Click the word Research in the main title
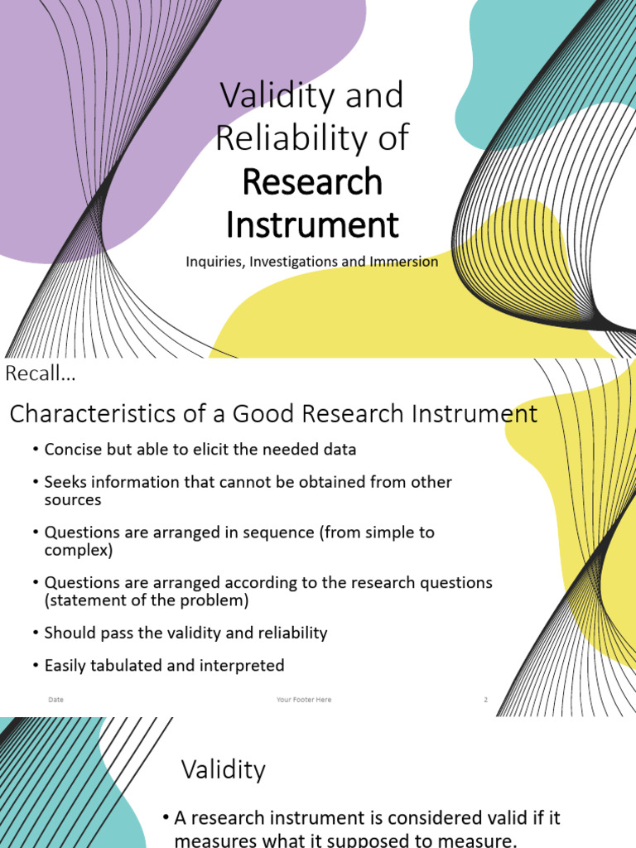312,182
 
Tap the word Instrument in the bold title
312,224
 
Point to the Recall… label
41,374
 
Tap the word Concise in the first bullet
71,450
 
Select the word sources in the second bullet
73,500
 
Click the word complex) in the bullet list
79,550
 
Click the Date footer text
56,700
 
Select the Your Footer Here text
304,700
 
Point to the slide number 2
486,700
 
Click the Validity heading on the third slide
224,770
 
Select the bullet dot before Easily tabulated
36,665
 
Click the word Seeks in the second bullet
65,482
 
